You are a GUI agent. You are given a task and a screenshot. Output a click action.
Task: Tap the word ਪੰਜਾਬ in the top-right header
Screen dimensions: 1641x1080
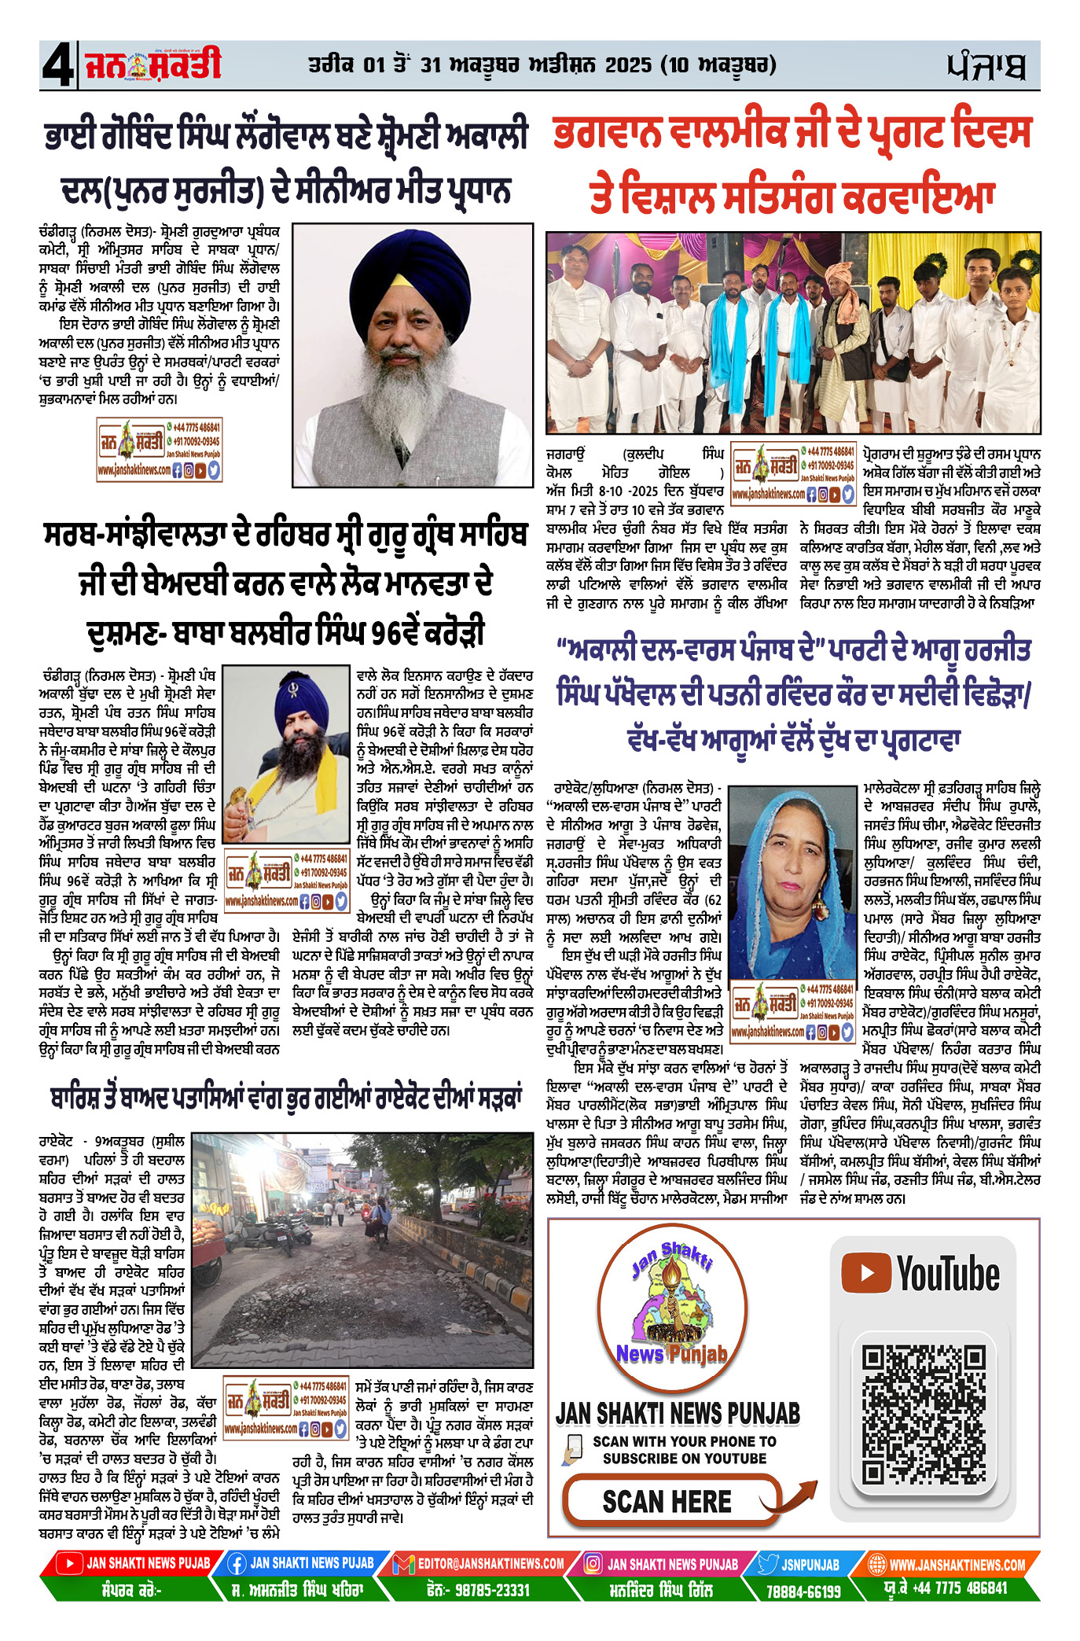click(x=986, y=67)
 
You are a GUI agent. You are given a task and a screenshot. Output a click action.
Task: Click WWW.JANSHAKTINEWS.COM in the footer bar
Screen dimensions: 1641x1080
click(x=957, y=1565)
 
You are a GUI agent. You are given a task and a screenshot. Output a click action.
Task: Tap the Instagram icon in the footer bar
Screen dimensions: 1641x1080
click(x=594, y=1565)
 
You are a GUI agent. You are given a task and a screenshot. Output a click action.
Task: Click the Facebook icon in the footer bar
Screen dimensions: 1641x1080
click(x=237, y=1565)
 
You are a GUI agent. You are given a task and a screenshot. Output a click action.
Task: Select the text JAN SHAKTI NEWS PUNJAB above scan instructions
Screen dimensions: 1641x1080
click(x=678, y=1413)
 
